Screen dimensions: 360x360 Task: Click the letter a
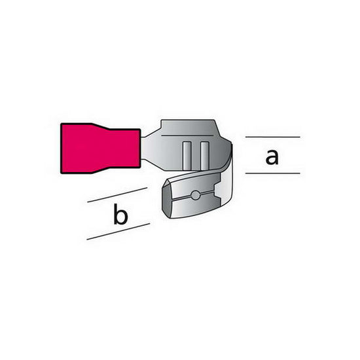click(x=272, y=157)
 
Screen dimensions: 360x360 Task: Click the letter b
click(x=120, y=215)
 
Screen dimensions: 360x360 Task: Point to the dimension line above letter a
click(x=273, y=137)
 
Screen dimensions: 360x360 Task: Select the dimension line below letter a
click(x=273, y=173)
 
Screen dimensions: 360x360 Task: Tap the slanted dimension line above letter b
click(x=117, y=195)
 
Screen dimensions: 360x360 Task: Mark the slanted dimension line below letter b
click(x=118, y=232)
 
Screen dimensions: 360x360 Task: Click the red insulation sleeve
click(x=101, y=149)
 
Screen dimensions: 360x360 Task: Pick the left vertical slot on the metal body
click(x=187, y=156)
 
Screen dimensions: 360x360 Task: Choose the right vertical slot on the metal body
click(x=204, y=156)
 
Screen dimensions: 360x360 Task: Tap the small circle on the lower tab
click(x=196, y=196)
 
